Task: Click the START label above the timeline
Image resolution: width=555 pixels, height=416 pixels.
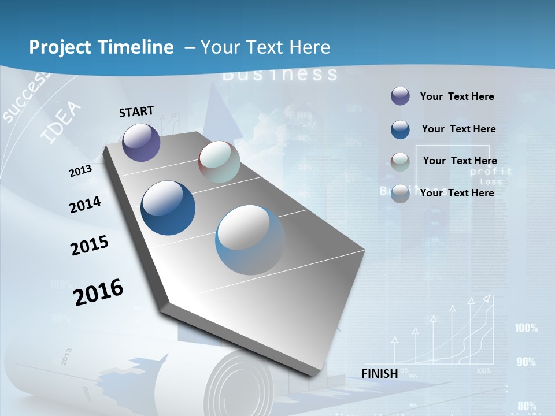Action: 136,112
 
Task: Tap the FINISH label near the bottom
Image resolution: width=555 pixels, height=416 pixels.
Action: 380,374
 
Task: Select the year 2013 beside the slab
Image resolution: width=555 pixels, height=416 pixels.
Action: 81,171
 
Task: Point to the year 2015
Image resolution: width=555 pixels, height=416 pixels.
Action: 90,245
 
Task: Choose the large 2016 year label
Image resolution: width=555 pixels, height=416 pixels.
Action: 98,292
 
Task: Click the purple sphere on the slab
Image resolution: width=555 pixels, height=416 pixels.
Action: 141,142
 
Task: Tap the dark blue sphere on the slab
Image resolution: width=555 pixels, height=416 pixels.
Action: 168,208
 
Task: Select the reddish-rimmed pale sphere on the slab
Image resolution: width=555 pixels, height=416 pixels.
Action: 219,162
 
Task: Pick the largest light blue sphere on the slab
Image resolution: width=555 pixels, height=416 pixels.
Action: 250,240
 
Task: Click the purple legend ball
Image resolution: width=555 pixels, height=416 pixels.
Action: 400,96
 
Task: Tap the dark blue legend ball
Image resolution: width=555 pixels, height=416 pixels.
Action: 400,129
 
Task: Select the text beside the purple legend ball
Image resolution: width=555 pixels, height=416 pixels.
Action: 457,96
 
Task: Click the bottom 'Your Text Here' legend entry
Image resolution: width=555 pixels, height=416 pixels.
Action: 457,193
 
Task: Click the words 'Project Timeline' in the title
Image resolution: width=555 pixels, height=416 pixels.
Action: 101,47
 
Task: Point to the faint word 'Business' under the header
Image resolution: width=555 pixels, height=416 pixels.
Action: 280,74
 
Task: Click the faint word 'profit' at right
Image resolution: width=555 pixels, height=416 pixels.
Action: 491,172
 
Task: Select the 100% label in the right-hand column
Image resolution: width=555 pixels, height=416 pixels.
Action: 526,328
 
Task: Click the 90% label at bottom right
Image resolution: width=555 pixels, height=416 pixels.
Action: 526,362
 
